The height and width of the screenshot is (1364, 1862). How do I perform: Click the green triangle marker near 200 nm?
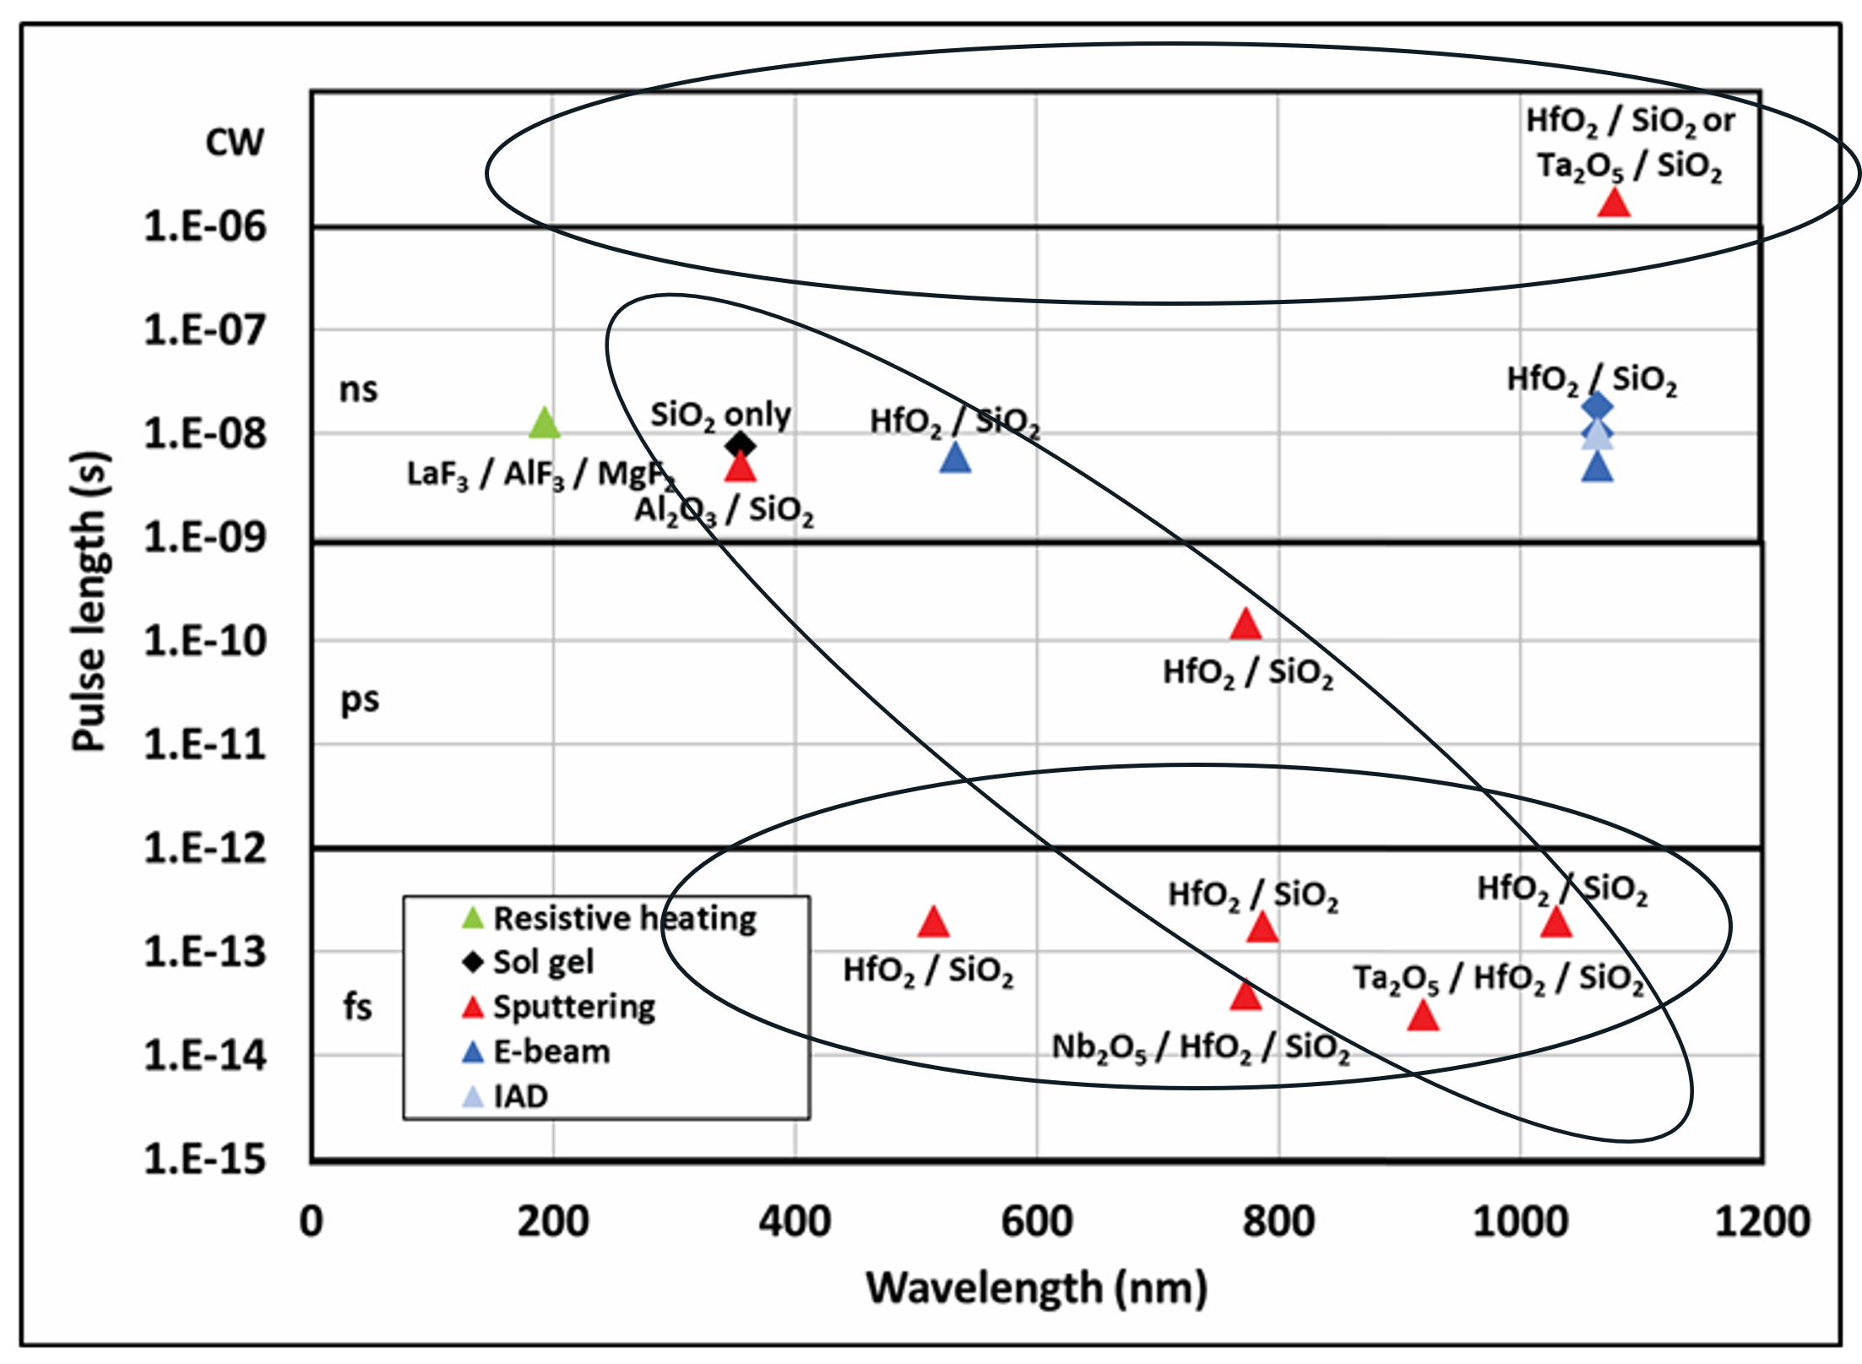(x=545, y=422)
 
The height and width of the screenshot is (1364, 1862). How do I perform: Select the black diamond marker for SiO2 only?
(x=741, y=444)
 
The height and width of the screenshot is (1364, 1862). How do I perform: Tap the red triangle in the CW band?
(x=1614, y=204)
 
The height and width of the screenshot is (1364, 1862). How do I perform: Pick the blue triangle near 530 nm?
(x=955, y=459)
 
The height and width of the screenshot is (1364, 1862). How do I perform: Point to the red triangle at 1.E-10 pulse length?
(x=1246, y=626)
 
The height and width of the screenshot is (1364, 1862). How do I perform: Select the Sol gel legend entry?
(x=542, y=962)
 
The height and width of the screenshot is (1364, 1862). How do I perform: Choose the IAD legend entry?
(x=520, y=1096)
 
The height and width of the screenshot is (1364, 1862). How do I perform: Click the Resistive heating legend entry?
(x=624, y=918)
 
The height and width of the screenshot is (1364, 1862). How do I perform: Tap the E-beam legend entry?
(x=551, y=1052)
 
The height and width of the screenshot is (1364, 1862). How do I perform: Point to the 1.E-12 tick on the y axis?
(x=205, y=848)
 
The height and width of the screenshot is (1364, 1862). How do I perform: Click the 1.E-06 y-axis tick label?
(x=205, y=226)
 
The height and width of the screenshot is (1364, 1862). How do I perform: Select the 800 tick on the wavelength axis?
(x=1278, y=1221)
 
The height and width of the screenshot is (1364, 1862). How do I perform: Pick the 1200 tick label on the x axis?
(x=1762, y=1221)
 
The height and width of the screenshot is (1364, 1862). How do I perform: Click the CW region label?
(x=235, y=142)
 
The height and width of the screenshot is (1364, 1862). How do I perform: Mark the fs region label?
(x=357, y=1007)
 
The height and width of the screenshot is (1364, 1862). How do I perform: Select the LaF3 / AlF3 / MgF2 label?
(x=540, y=475)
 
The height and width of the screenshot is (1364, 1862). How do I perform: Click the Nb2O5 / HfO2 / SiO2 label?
(x=1200, y=1047)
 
